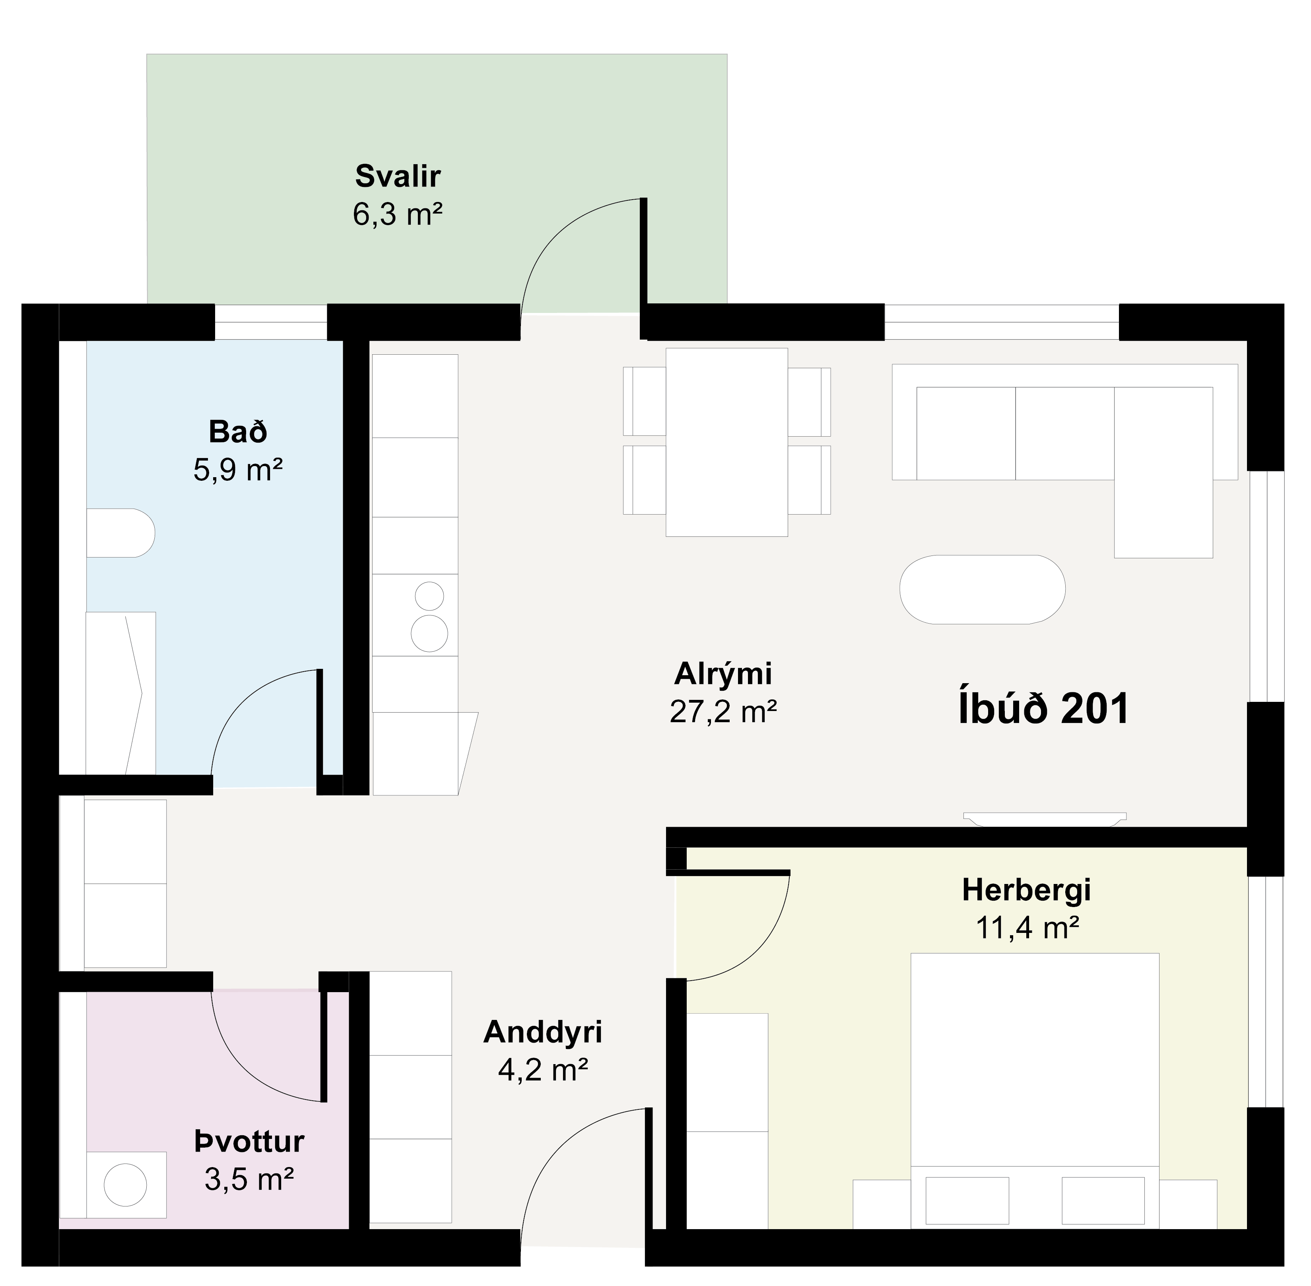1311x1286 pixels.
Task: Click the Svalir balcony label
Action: coord(398,176)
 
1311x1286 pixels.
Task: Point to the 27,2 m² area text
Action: coord(723,711)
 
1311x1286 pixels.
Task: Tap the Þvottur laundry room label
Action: coord(249,1142)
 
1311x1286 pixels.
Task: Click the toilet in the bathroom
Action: coord(120,533)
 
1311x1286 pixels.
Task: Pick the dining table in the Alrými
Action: coord(727,443)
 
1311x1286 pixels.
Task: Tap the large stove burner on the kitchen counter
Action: coord(429,633)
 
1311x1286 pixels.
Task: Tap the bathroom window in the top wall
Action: coord(271,322)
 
